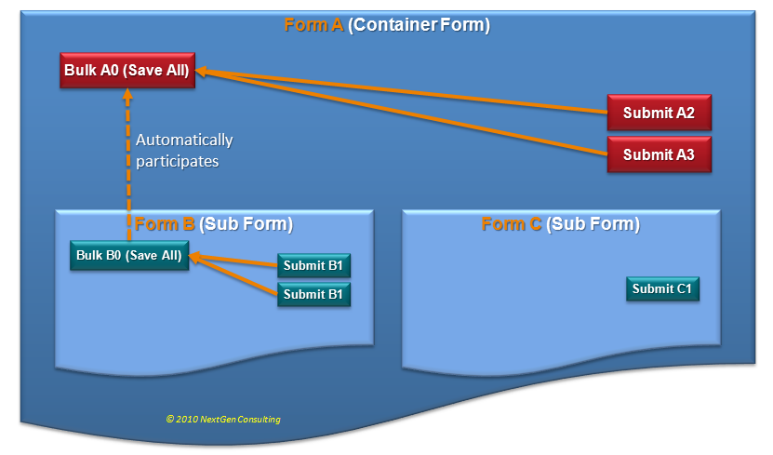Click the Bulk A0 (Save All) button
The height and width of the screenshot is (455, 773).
point(127,70)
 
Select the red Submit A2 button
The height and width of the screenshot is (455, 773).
point(660,114)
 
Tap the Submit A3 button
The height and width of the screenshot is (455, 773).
point(660,154)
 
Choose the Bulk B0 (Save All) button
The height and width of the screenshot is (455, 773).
point(129,256)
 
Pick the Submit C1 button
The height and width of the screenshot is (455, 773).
point(662,288)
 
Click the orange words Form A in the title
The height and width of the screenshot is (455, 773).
point(313,25)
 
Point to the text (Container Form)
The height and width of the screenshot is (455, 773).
point(420,25)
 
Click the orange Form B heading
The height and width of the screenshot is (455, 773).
point(165,224)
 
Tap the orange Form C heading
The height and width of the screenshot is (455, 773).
point(512,224)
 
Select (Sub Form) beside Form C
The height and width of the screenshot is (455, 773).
point(593,224)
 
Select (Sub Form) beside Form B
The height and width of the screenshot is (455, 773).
point(247,224)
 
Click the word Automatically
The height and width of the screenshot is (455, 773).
point(184,141)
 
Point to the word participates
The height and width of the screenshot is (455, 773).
point(178,160)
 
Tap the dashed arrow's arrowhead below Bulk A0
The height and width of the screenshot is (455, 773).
point(127,94)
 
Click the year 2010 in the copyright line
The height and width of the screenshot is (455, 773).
point(185,420)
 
